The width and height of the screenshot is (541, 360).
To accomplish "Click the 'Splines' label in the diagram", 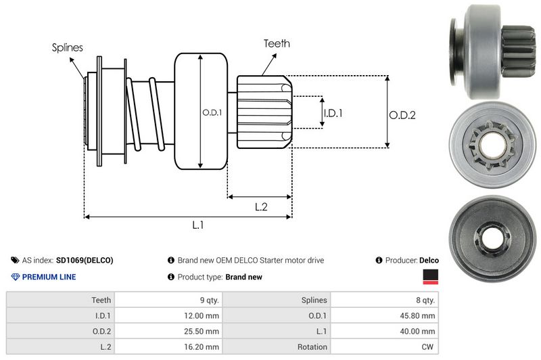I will pyautogui.click(x=68, y=48).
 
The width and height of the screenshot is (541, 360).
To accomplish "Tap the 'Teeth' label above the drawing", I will pyautogui.click(x=277, y=43).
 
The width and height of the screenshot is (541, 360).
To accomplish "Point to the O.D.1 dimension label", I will pyautogui.click(x=212, y=112).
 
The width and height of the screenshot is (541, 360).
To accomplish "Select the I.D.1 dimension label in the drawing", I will pyautogui.click(x=333, y=113).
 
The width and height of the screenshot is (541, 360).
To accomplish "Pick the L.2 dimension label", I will pyautogui.click(x=262, y=207).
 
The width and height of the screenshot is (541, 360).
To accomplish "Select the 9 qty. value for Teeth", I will pyautogui.click(x=205, y=300).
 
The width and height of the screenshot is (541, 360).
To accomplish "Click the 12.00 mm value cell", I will pyautogui.click(x=203, y=315).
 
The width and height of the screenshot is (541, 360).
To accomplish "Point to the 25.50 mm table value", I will pyautogui.click(x=203, y=331).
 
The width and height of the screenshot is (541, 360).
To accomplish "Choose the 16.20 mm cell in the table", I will pyautogui.click(x=203, y=346).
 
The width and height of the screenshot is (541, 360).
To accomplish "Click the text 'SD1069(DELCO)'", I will pyautogui.click(x=85, y=260).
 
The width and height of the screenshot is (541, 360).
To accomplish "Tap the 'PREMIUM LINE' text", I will pyautogui.click(x=49, y=277).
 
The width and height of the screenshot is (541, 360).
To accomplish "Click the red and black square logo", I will pyautogui.click(x=430, y=277).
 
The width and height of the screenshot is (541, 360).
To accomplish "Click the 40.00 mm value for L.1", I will pyautogui.click(x=419, y=331).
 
